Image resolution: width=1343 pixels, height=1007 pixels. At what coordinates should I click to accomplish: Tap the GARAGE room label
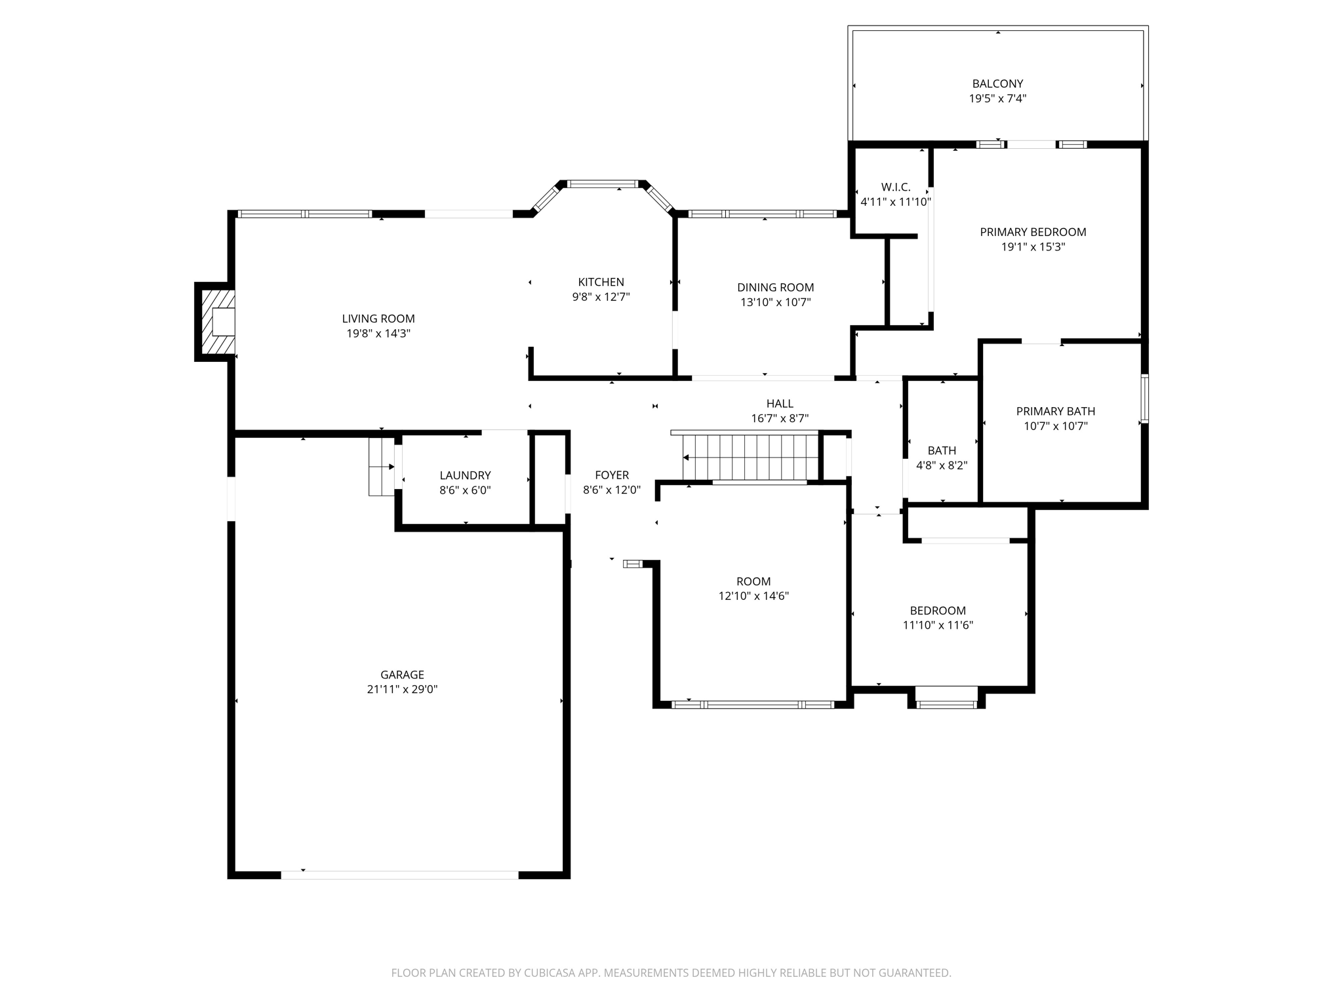pyautogui.click(x=402, y=675)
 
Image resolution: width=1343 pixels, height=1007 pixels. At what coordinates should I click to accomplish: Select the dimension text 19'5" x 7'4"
pyautogui.click(x=997, y=99)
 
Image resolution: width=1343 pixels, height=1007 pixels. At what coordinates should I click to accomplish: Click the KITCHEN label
pyautogui.click(x=601, y=282)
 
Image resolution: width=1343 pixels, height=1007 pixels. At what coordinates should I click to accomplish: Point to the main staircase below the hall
pyautogui.click(x=750, y=457)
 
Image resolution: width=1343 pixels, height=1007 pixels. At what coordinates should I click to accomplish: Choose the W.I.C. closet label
pyautogui.click(x=895, y=188)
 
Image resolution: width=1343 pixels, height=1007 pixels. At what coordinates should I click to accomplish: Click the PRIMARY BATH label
pyautogui.click(x=1055, y=411)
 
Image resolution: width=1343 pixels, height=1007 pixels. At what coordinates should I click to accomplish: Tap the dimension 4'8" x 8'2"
pyautogui.click(x=941, y=465)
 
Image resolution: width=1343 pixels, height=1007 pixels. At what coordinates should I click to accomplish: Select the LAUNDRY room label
pyautogui.click(x=465, y=475)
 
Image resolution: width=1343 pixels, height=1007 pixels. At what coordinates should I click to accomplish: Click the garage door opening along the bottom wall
pyautogui.click(x=399, y=875)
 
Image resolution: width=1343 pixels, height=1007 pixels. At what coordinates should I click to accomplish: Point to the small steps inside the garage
pyautogui.click(x=380, y=467)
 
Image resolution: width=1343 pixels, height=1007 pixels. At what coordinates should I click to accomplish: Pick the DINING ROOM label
pyautogui.click(x=775, y=287)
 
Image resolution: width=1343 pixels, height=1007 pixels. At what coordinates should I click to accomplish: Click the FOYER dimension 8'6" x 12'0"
pyautogui.click(x=611, y=490)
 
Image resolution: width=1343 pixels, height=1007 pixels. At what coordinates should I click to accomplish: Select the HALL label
pyautogui.click(x=780, y=404)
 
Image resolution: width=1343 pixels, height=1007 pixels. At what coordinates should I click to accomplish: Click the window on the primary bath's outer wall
pyautogui.click(x=1144, y=398)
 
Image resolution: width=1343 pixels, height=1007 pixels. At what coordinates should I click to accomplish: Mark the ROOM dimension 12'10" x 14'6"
pyautogui.click(x=753, y=596)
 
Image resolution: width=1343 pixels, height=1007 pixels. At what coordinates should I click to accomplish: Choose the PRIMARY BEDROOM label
pyautogui.click(x=1033, y=232)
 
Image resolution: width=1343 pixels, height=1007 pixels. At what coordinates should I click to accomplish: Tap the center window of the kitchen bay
pyautogui.click(x=602, y=184)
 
